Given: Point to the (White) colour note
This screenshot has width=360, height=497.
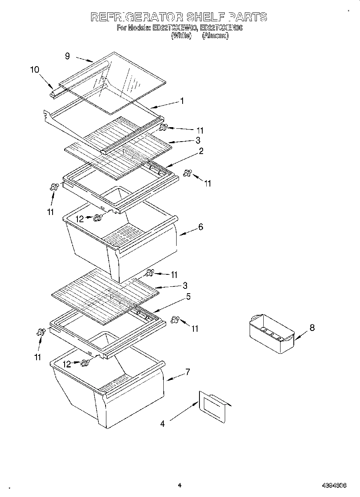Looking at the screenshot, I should (x=181, y=36).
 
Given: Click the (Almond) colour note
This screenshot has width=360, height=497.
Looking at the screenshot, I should (x=216, y=36).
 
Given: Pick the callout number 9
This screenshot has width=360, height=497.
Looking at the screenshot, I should (x=67, y=57).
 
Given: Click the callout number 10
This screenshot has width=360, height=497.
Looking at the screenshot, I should (x=35, y=70).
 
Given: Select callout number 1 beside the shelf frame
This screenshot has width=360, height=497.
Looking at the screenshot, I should (x=182, y=101).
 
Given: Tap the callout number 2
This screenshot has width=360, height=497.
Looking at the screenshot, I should (x=201, y=151).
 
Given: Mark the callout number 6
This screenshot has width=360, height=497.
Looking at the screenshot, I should (x=201, y=227).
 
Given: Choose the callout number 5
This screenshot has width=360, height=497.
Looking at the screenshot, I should (x=188, y=297).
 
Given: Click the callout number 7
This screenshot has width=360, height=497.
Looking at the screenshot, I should (x=187, y=372).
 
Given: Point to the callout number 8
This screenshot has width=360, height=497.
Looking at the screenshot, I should (x=312, y=328).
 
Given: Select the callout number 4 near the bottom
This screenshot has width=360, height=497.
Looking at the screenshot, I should (x=163, y=423).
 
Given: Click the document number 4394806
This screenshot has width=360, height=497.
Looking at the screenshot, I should (x=334, y=486).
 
